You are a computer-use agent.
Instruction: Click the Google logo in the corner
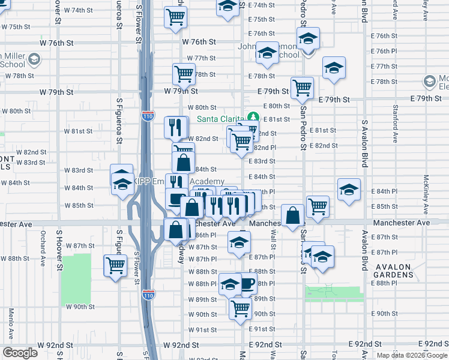pos(20,353)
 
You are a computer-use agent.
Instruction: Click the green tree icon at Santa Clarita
pos(253,118)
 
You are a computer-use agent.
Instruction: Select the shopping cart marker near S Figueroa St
pos(115,265)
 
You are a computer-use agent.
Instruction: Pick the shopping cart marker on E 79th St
pos(302,88)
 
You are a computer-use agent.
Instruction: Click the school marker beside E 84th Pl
pos(349,189)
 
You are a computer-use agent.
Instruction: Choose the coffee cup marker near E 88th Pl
pos(246,284)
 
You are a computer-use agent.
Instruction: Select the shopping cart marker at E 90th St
pos(241,308)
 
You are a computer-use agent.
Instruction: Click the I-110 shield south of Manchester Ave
pos(148,295)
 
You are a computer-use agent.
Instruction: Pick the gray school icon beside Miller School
pos(34,59)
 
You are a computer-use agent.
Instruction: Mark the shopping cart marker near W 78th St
pos(184,74)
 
